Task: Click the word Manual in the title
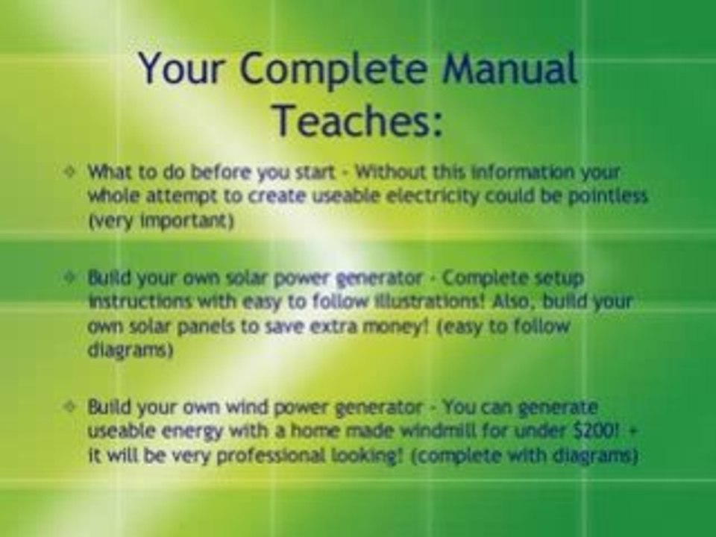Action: (509, 69)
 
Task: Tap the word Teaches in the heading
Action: (358, 120)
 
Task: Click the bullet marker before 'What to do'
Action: (70, 172)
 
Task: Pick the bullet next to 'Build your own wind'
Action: (70, 407)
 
